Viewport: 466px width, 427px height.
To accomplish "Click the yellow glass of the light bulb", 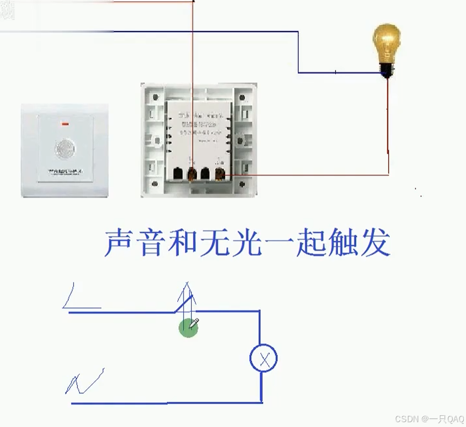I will (386, 43).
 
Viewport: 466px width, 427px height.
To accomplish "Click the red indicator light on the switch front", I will (66, 125).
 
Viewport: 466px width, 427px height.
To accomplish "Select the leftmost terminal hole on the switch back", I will (176, 174).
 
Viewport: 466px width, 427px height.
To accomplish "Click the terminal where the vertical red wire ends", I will (191, 174).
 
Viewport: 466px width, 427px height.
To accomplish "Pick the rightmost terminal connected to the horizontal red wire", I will (219, 174).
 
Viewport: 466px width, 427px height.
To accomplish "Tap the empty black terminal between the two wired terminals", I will (205, 174).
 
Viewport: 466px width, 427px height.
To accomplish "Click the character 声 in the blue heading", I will (119, 243).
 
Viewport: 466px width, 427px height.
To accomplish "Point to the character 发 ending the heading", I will (374, 243).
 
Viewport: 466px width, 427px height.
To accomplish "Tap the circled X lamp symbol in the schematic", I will (263, 359).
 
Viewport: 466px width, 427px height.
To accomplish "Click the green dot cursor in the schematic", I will (188, 327).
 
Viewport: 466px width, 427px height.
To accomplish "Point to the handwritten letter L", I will (78, 298).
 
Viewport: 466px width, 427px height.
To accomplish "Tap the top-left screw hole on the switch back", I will (155, 97).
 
